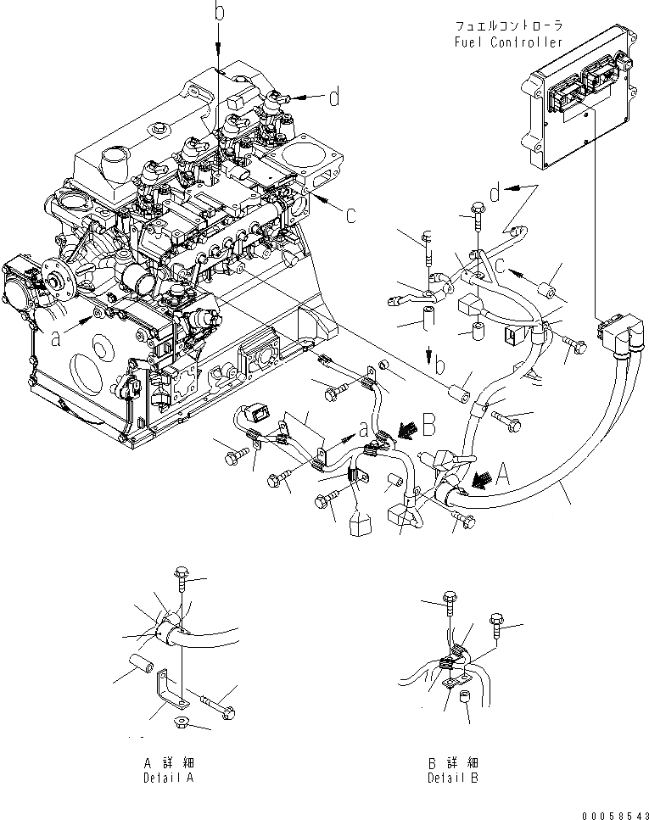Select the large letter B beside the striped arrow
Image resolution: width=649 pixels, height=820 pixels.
click(x=428, y=421)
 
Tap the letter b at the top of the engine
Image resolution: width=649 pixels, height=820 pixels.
click(x=218, y=12)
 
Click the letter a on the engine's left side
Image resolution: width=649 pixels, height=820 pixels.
click(x=57, y=337)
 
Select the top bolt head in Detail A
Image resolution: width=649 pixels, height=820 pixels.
click(x=181, y=574)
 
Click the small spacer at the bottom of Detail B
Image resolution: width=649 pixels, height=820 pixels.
click(x=464, y=697)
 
